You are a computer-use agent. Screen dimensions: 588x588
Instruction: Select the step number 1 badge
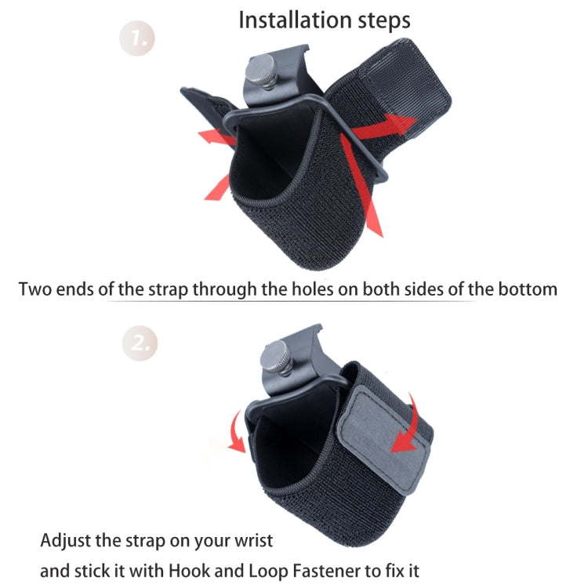click(x=138, y=38)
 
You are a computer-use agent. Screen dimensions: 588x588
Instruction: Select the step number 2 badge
click(x=139, y=343)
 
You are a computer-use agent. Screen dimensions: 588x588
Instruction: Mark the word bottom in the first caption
click(x=529, y=289)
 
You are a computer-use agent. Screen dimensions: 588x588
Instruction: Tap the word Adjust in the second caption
click(x=66, y=541)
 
